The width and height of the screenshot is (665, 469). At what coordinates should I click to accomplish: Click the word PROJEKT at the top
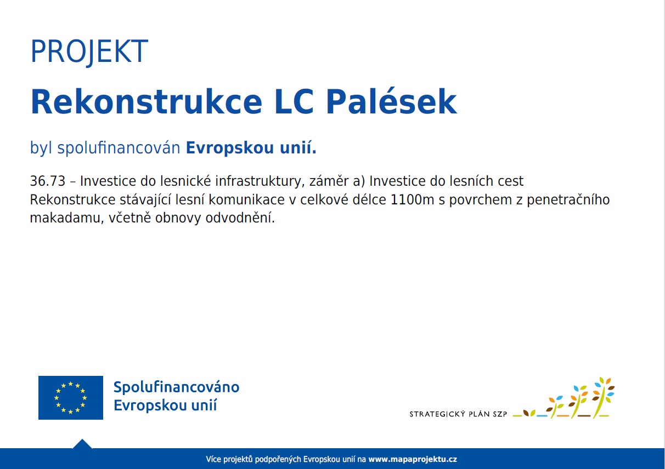(89, 52)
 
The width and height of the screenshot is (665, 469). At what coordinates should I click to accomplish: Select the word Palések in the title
(391, 101)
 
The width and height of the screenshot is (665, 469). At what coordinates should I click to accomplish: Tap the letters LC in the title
(294, 101)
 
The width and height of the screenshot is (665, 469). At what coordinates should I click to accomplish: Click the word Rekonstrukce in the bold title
(146, 101)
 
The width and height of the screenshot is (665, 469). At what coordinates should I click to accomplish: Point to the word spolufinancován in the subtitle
(119, 148)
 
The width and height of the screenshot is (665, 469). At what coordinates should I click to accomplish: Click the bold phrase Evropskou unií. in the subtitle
(251, 147)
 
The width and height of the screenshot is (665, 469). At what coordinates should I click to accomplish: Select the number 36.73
(48, 181)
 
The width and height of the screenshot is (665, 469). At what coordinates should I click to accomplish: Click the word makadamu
(67, 218)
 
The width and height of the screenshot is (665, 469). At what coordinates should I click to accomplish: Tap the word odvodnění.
(240, 218)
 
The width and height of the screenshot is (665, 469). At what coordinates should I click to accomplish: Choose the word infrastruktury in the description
(260, 181)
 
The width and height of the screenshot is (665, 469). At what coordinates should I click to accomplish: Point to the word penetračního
(568, 200)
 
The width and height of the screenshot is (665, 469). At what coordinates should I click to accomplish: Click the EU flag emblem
(71, 398)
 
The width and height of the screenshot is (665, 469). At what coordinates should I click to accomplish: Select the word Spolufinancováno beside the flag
(176, 387)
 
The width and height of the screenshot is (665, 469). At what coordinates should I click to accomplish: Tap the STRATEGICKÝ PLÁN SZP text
(458, 414)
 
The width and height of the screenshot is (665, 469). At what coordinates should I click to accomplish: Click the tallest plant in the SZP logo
(602, 397)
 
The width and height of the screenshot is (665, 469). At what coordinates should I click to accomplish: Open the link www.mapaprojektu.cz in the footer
(413, 459)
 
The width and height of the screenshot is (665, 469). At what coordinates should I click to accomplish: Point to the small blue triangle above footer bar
(82, 444)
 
